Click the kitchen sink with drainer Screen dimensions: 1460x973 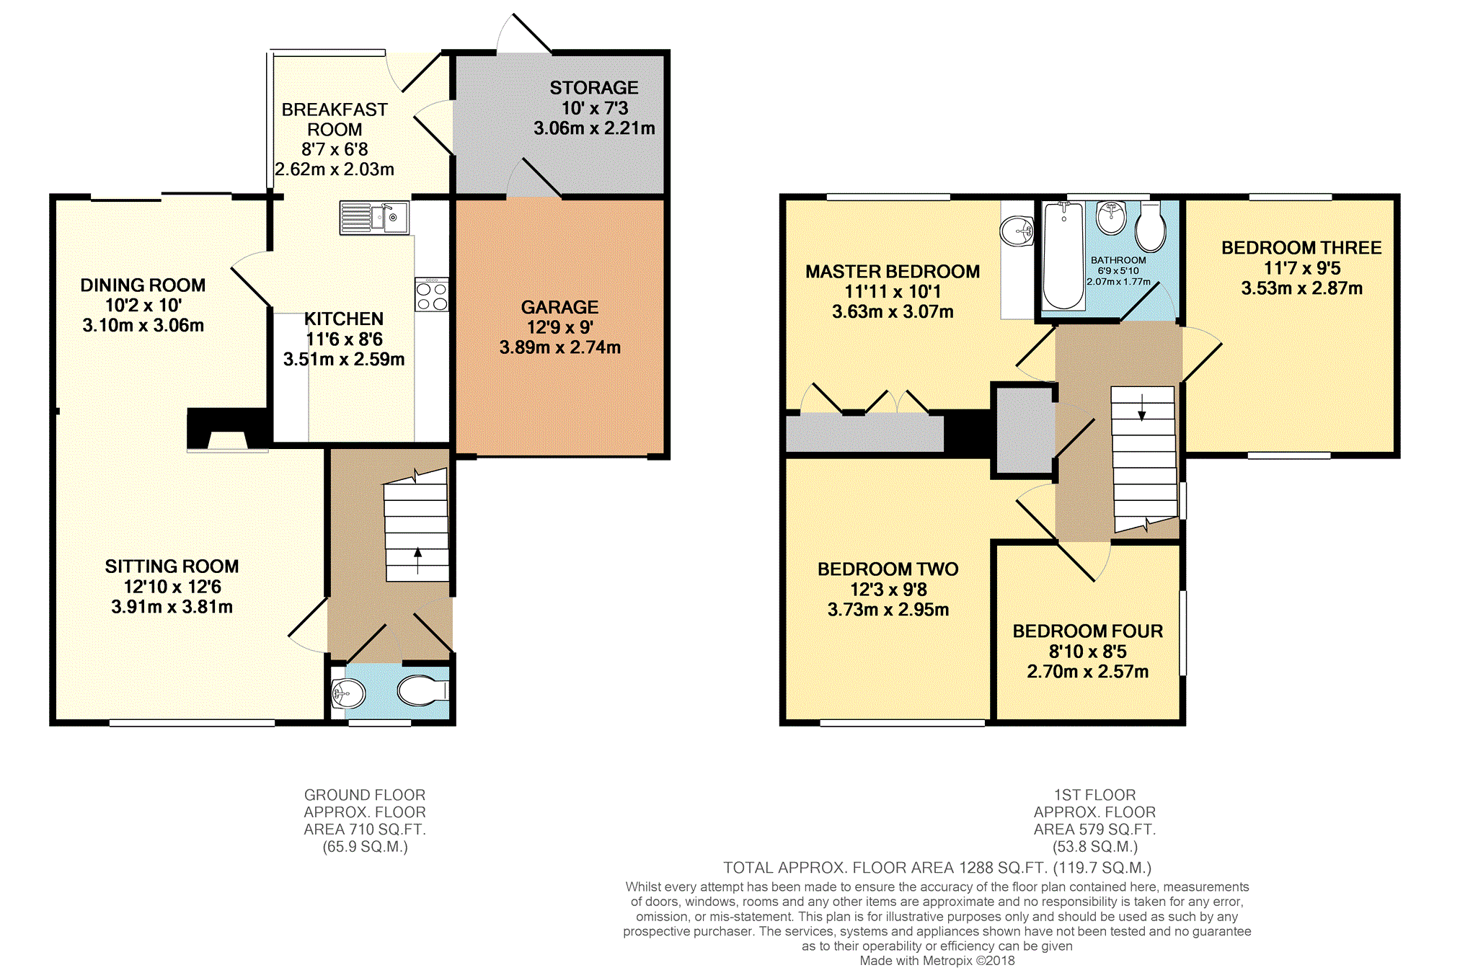point(374,218)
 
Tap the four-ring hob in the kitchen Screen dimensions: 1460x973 point(431,295)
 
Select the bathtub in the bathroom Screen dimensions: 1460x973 point(1063,256)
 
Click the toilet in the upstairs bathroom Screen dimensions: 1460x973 point(1150,226)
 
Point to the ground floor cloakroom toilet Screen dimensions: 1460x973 point(423,690)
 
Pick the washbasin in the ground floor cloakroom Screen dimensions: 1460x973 point(348,694)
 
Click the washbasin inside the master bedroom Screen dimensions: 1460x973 point(1017,231)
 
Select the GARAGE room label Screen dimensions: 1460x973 point(559,307)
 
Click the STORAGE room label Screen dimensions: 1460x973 point(594,88)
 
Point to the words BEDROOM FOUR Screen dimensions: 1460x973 point(1088,631)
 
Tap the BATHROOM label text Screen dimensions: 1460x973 point(1118,260)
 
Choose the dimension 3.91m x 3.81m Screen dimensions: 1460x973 point(172,607)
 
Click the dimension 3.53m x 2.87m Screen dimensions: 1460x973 point(1302,288)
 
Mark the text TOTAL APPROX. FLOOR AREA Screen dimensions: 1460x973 point(839,868)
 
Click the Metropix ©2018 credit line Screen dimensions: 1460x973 point(937,961)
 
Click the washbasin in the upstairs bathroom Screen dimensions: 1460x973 point(1111,218)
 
